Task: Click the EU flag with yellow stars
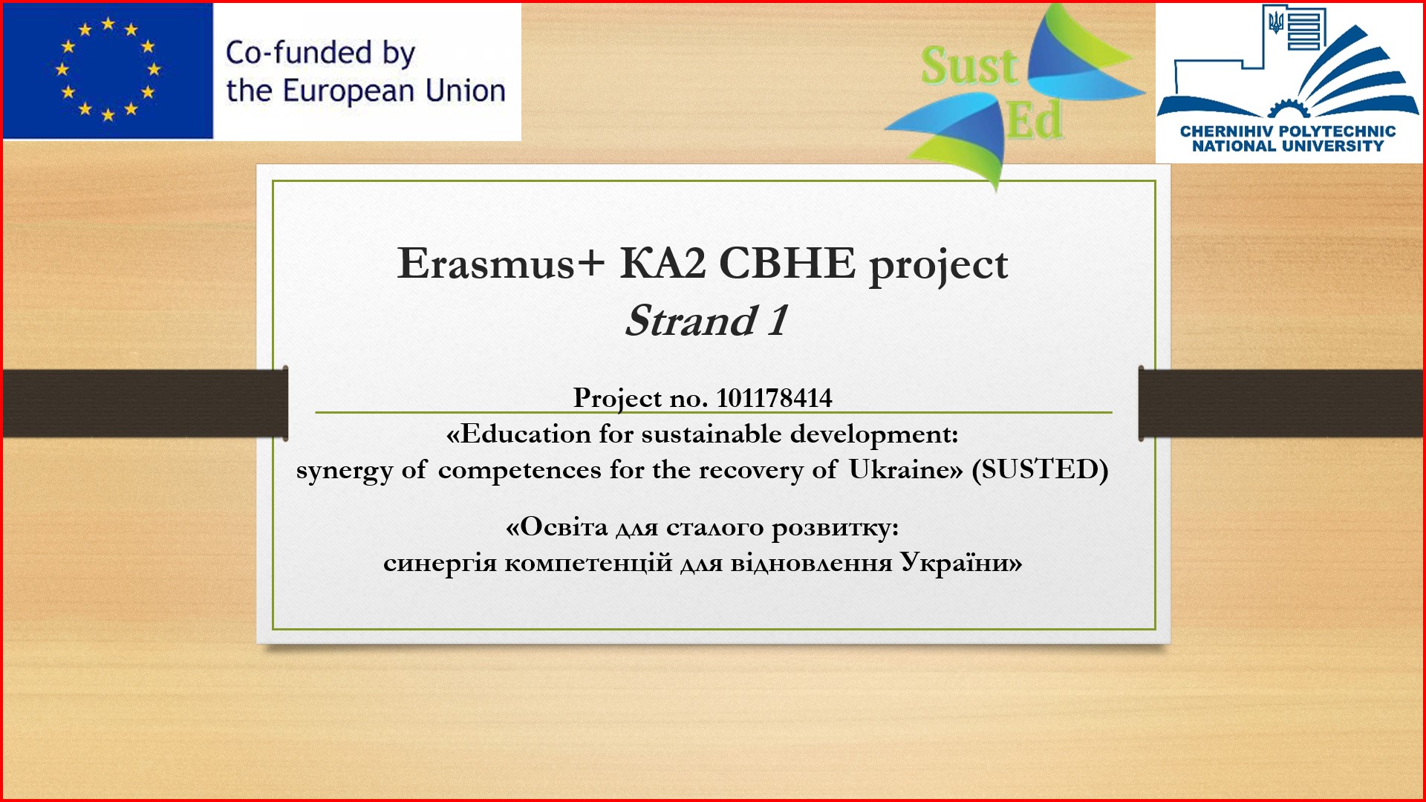108,71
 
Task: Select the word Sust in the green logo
968,65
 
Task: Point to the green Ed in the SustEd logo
1035,120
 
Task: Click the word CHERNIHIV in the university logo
1227,131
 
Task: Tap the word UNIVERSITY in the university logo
1333,146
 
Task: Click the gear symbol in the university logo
1289,108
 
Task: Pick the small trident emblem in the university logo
1276,22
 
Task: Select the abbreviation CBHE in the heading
787,263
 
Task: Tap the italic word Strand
691,321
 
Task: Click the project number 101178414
774,398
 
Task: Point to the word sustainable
712,434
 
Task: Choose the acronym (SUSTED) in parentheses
1040,469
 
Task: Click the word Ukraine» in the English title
905,469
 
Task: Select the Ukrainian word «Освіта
556,527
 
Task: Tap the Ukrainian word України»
961,563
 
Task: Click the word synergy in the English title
344,471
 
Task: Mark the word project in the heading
938,266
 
